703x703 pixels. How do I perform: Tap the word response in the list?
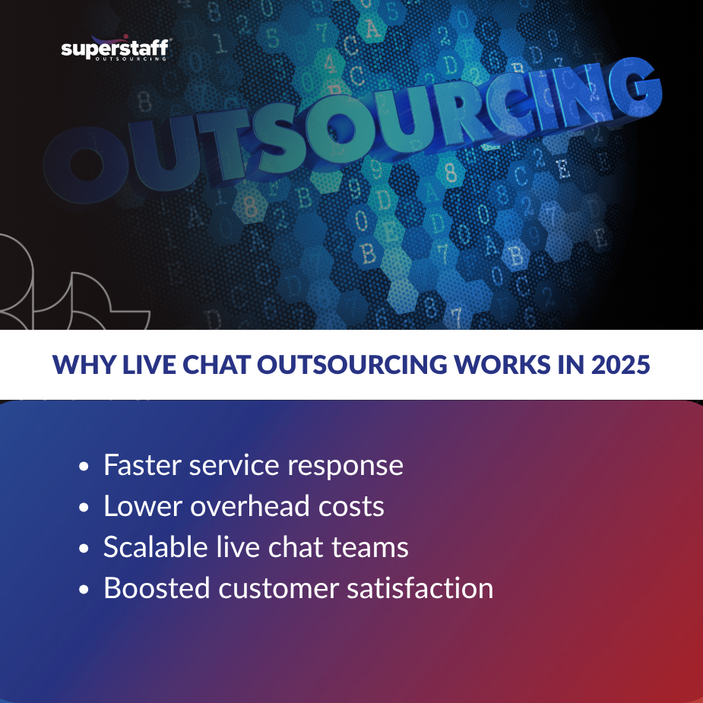[347, 465]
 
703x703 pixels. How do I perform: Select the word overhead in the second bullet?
[249, 506]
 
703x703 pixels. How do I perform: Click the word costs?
[352, 506]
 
